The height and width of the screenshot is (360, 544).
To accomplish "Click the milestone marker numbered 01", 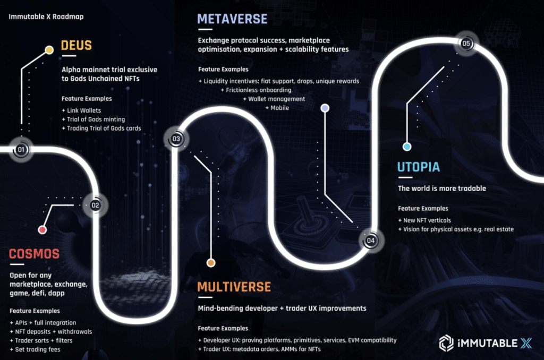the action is (x=21, y=150).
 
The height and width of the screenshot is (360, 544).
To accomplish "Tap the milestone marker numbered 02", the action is (x=95, y=205).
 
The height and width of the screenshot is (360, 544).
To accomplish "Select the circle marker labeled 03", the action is (x=176, y=139).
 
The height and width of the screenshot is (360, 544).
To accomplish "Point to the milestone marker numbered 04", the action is (x=370, y=241).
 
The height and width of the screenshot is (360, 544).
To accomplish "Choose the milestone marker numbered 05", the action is (x=466, y=44).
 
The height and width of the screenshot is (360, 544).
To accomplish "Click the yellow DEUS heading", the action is (x=76, y=46).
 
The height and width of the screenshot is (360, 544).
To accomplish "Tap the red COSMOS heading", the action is (x=34, y=254).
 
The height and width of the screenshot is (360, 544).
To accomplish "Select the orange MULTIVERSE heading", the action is (x=234, y=287).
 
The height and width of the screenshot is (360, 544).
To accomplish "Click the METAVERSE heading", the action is (x=233, y=19).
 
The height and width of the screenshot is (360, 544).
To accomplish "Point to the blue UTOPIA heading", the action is (x=419, y=167).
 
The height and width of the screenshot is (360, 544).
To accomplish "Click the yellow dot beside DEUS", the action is (x=49, y=50).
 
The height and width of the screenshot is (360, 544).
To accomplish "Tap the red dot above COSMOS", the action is (x=42, y=229).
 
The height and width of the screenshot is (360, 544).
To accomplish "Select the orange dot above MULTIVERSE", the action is (x=211, y=263).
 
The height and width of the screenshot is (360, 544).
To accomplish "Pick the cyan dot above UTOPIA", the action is (x=407, y=147).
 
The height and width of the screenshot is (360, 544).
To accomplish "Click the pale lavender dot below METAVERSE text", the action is (x=325, y=108).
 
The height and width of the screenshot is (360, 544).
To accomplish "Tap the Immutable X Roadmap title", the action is (x=46, y=16).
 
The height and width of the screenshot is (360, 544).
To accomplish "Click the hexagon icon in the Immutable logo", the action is (x=446, y=344).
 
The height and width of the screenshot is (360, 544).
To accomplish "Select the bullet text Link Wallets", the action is (x=84, y=110).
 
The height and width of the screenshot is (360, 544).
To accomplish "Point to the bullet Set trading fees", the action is (x=38, y=349).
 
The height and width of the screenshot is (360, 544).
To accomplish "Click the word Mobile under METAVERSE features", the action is (x=279, y=108).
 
